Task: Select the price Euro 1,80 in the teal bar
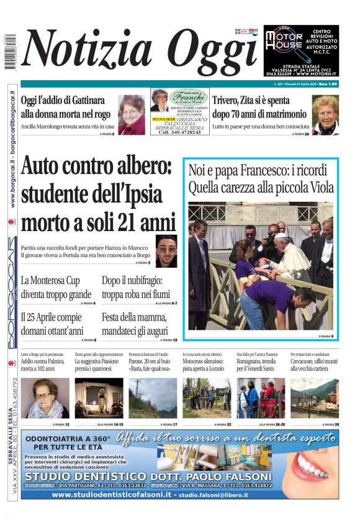click(x=328, y=84)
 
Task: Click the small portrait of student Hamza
click(x=166, y=251)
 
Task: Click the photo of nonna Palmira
click(x=45, y=398)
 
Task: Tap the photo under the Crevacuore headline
click(x=315, y=398)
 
